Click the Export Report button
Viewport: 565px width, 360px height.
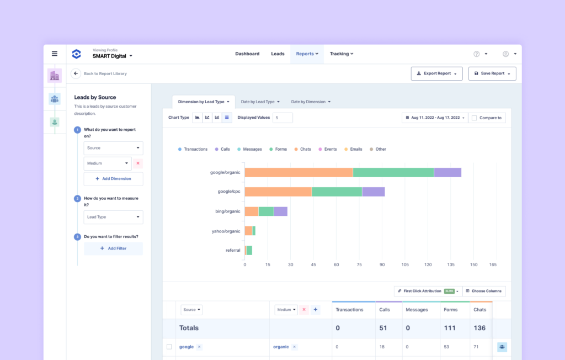point(436,73)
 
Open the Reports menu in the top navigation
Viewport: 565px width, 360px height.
point(307,54)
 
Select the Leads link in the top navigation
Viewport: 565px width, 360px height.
point(278,54)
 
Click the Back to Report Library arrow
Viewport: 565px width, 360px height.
point(76,73)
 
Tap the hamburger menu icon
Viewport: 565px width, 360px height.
point(55,54)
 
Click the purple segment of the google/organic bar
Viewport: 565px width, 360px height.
point(447,172)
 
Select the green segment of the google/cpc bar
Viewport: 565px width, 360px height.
point(337,192)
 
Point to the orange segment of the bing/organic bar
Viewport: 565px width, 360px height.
point(252,211)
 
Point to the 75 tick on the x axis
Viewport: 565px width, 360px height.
point(359,265)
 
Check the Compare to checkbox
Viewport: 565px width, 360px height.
point(475,118)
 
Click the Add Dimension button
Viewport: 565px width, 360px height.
point(113,179)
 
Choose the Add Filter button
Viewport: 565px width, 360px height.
point(113,248)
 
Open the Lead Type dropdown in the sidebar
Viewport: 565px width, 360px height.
point(113,217)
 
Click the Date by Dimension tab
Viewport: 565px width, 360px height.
point(311,102)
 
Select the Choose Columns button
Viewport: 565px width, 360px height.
point(483,291)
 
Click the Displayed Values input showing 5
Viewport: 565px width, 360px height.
point(282,118)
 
